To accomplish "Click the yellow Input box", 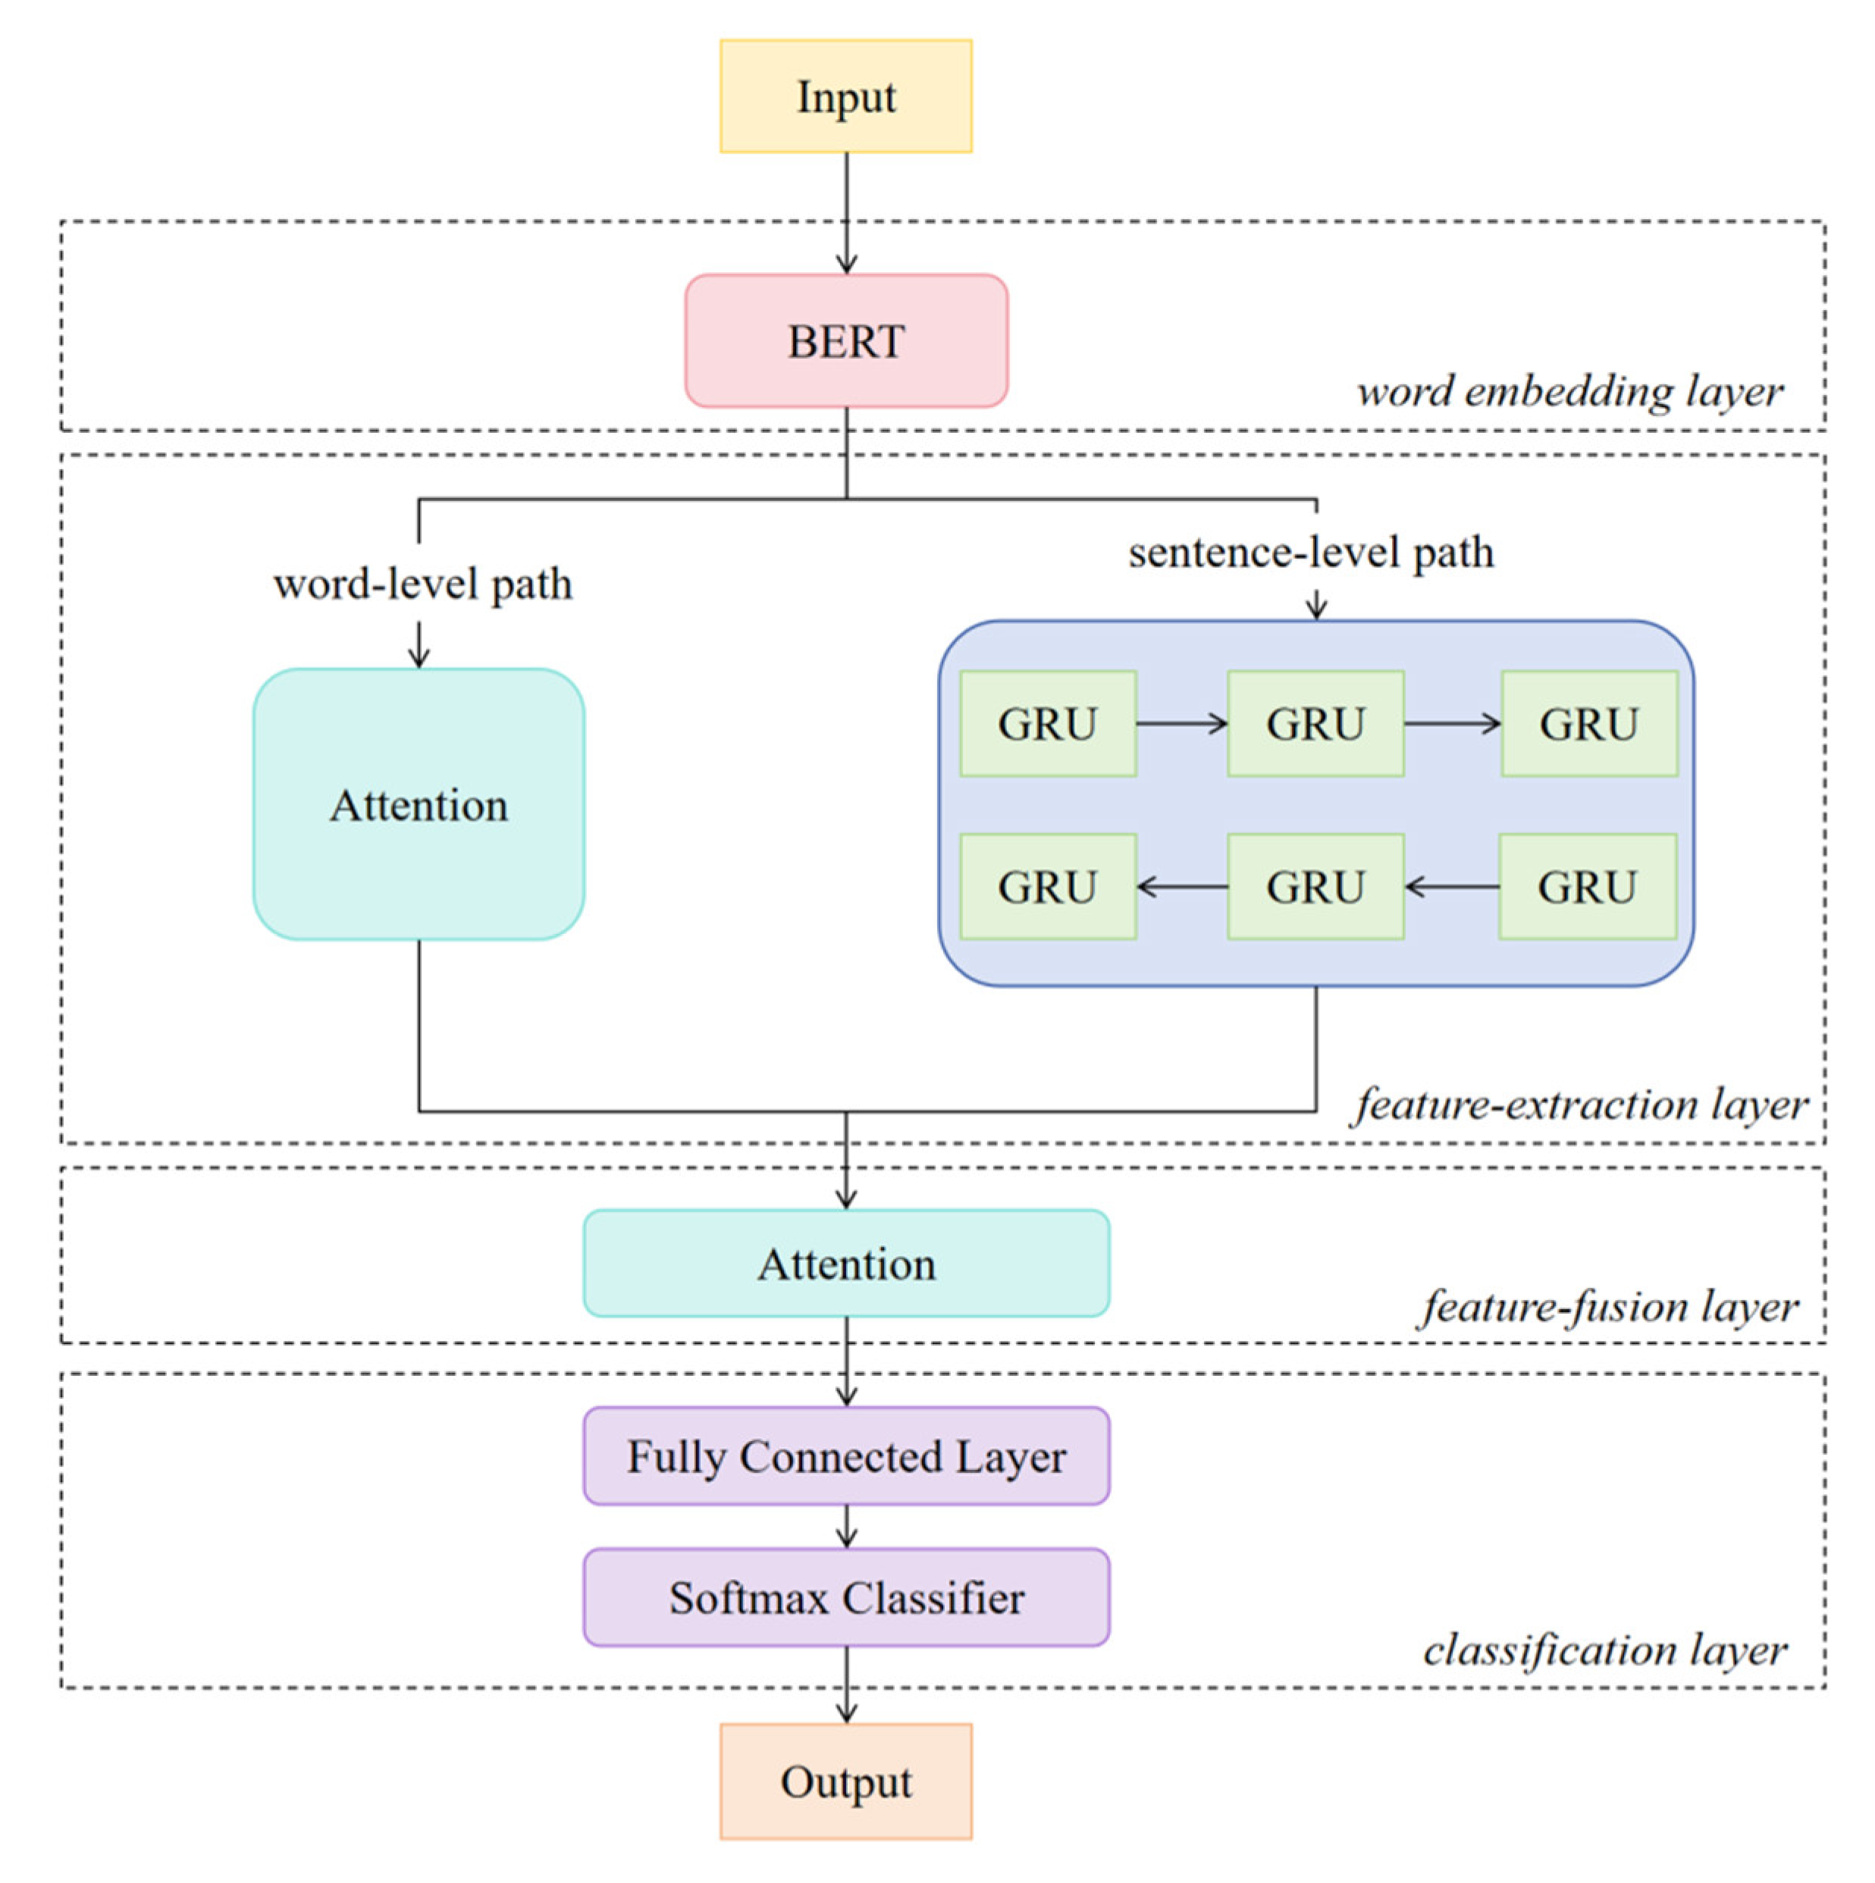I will (845, 96).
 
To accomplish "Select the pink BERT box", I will (845, 340).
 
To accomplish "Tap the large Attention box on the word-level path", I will (419, 804).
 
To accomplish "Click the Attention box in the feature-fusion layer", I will (845, 1263).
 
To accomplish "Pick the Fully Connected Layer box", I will (845, 1456).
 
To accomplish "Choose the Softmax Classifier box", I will (845, 1597).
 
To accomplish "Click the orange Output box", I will (845, 1781).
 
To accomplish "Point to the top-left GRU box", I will (1047, 723).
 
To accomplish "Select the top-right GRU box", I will (1588, 723).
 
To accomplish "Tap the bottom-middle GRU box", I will (1315, 886).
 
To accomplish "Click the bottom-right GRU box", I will (1586, 886).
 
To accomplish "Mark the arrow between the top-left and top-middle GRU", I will (1180, 723).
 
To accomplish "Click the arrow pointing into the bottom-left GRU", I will (1180, 886).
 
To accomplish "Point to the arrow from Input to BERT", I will (845, 212).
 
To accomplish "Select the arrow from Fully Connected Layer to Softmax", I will (845, 1526).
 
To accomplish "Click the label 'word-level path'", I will (422, 584).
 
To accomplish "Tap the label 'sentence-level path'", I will (1310, 552).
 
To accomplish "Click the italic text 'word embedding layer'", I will (1569, 391).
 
